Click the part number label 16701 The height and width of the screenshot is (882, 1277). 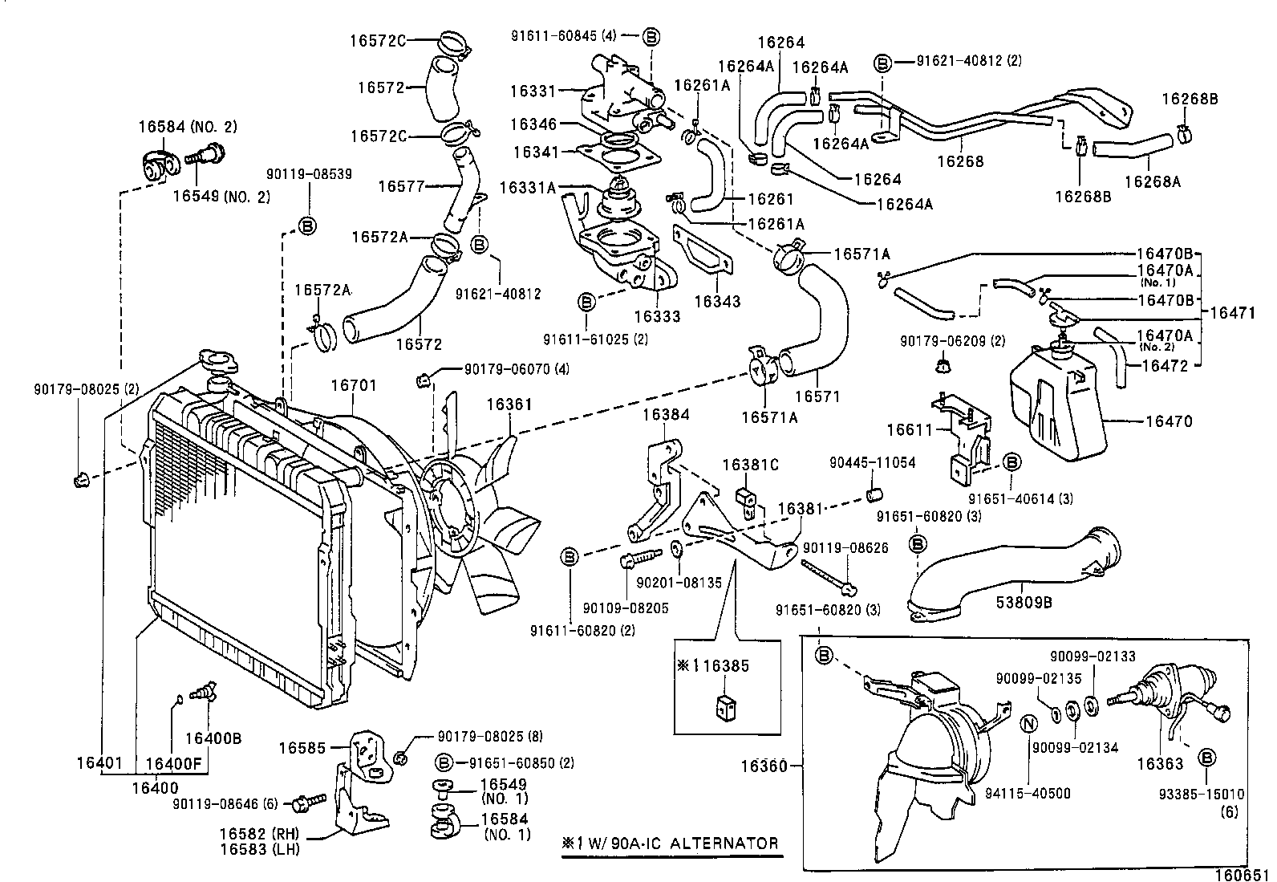(x=354, y=387)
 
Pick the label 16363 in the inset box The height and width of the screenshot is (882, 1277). (x=1161, y=765)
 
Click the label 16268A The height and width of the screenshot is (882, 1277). (x=1153, y=181)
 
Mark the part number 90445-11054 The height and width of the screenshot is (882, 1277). (x=872, y=463)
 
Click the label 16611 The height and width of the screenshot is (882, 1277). (x=910, y=430)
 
